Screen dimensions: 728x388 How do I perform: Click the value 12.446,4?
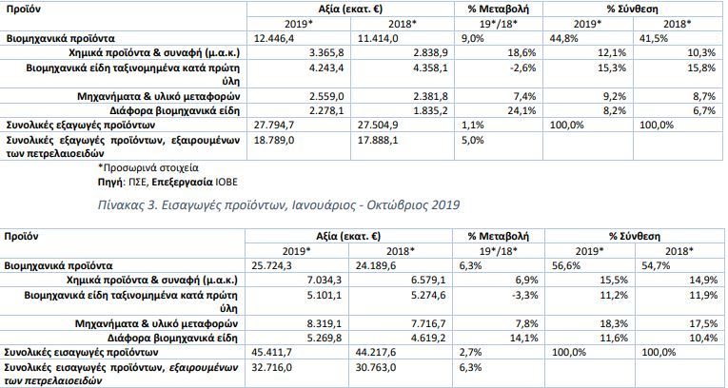tap(274, 39)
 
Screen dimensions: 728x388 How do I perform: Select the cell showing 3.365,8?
tap(326, 53)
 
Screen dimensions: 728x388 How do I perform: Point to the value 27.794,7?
tap(274, 126)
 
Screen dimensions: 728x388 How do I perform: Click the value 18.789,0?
tap(274, 140)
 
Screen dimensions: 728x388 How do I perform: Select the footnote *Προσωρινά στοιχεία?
tap(148, 167)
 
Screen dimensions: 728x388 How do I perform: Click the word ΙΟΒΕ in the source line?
tap(226, 182)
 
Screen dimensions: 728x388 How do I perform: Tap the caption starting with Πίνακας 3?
tap(279, 204)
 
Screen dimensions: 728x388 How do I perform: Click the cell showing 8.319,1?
tap(325, 323)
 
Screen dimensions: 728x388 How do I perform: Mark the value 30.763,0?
tap(376, 368)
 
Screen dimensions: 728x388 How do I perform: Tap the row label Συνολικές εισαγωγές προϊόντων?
tap(81, 352)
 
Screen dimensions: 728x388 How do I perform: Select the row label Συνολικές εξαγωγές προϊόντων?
tap(81, 125)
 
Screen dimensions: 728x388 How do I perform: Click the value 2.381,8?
tap(430, 97)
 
